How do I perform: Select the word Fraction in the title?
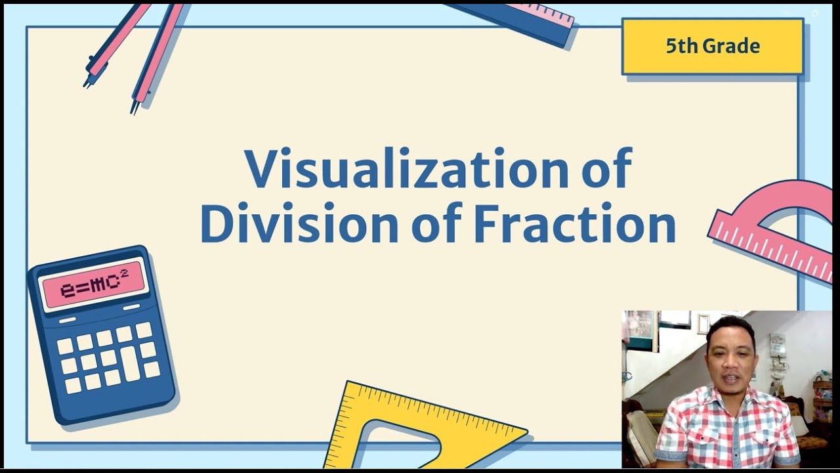pyautogui.click(x=574, y=225)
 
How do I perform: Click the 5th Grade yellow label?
pyautogui.click(x=713, y=46)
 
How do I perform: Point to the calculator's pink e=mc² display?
pyautogui.click(x=93, y=284)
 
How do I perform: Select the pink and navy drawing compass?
pyautogui.click(x=135, y=53)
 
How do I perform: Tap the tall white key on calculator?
pyautogui.click(x=131, y=363)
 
